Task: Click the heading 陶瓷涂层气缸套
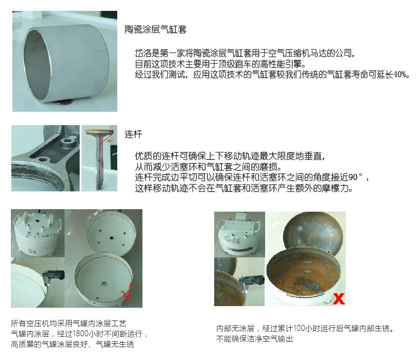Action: pos(155,29)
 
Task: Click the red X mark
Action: pos(339,298)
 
